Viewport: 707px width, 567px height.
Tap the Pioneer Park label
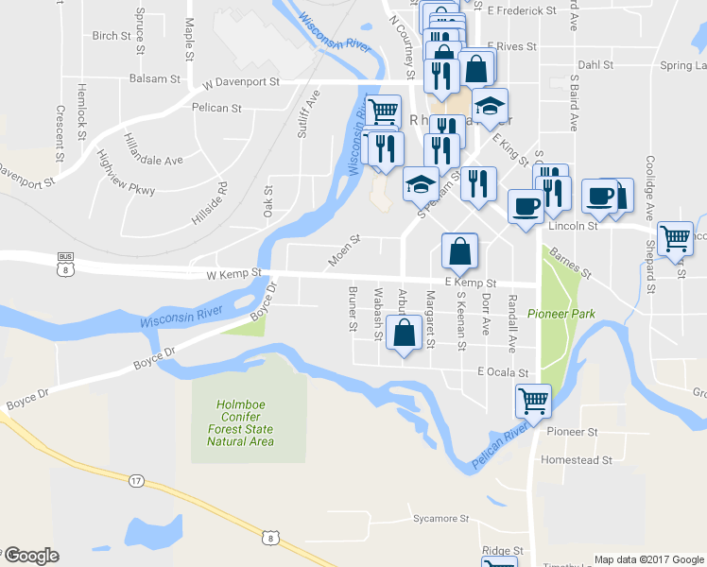click(559, 314)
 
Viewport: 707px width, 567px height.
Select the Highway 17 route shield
click(137, 481)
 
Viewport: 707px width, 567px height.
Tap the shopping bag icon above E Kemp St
click(459, 251)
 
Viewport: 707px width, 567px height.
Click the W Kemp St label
click(233, 274)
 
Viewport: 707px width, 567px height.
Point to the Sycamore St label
click(440, 519)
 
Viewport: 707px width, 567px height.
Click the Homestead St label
click(576, 460)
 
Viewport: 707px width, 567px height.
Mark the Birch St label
click(112, 36)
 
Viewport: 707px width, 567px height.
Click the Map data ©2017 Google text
click(648, 558)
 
